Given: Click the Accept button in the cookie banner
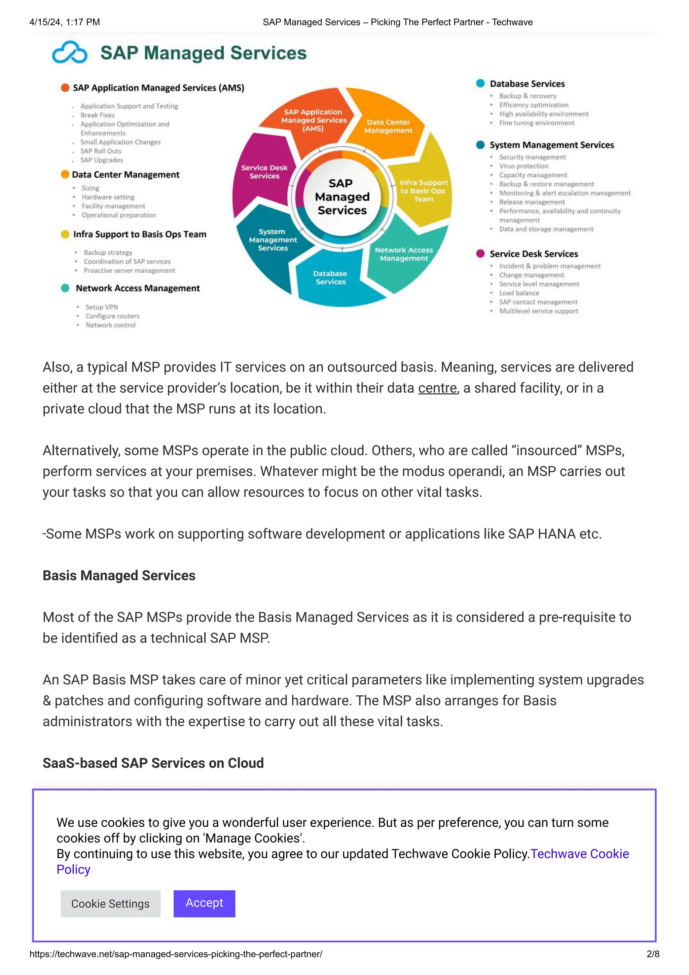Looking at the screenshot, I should coord(204,903).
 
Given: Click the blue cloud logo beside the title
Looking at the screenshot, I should coord(70,53).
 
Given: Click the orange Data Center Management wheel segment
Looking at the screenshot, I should coord(388,126).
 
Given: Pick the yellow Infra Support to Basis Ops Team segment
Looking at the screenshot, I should coord(423,191).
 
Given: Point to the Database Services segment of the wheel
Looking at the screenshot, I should coord(330,277).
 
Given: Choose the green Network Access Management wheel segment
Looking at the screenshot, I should coord(404,254).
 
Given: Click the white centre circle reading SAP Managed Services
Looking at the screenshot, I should coord(342,196).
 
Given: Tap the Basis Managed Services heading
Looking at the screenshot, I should coord(119,575).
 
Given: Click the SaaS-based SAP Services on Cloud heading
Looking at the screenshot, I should coord(153,763).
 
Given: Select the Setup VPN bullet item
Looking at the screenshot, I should coord(102,307).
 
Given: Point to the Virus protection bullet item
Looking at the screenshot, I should coord(523,166).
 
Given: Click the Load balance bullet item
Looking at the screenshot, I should coord(519,293).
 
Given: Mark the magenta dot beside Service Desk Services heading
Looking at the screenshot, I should coord(480,254).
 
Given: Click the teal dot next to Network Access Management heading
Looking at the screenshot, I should coord(65,288).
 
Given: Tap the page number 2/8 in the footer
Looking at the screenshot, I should coord(652,954).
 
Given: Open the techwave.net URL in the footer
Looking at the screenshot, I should coord(176,954).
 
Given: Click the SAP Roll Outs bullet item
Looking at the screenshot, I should coord(101,151).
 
